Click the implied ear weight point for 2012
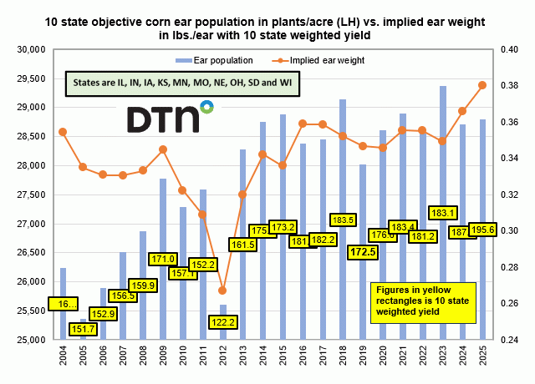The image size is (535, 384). (x=222, y=291)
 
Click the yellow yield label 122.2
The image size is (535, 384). (x=223, y=321)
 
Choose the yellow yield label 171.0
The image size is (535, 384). (x=163, y=259)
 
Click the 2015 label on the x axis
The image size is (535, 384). (x=283, y=359)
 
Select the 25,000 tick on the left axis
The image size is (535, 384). (x=31, y=340)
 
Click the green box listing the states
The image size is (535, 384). (x=183, y=84)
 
